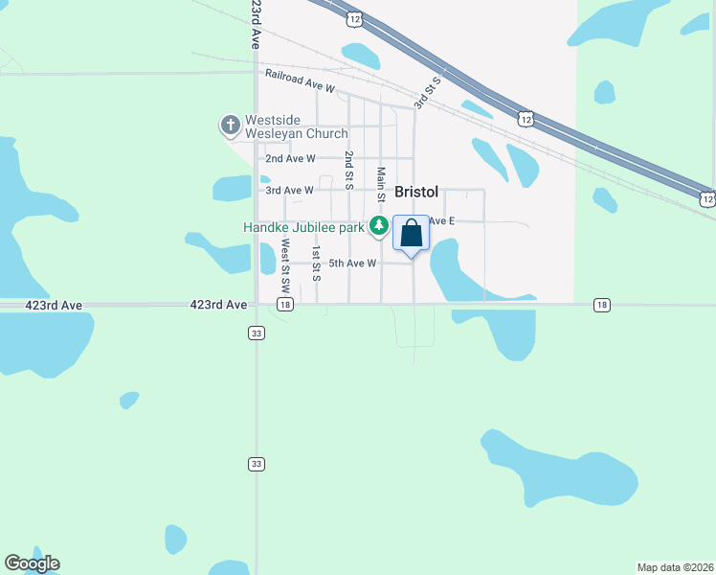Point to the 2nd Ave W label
(290, 158)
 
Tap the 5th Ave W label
(353, 263)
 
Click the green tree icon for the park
(380, 227)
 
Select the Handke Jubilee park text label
(303, 227)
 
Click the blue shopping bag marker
(412, 233)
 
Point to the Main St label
(381, 185)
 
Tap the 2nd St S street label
(349, 168)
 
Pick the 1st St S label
(317, 263)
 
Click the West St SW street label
(285, 265)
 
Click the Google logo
(32, 563)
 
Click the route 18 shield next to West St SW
(285, 304)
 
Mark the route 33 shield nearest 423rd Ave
(256, 333)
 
